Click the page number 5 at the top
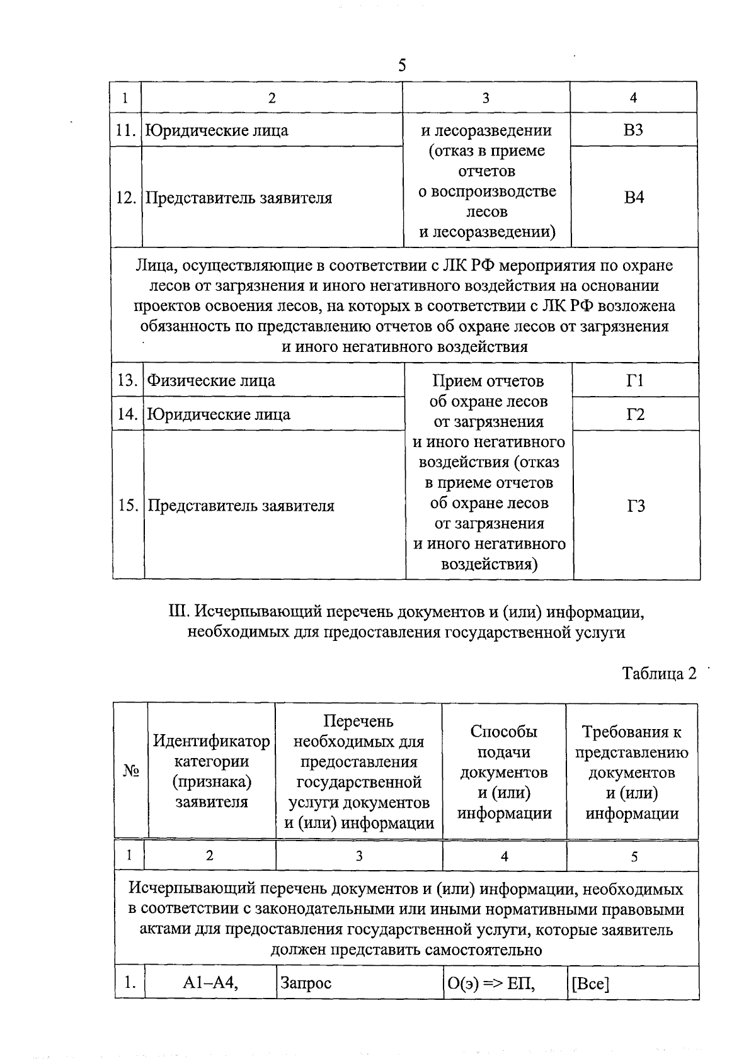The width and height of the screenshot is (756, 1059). coord(402,65)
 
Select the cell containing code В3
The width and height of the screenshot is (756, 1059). coord(633,130)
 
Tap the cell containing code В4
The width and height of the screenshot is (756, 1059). coord(634,197)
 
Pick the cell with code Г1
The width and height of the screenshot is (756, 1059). coord(636,380)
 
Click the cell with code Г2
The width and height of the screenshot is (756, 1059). coord(636,414)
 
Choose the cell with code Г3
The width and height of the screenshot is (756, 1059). coord(636,506)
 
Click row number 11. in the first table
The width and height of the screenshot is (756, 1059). coord(127,130)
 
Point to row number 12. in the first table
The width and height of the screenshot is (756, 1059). coord(127,198)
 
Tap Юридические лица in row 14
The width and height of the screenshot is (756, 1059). coord(219,414)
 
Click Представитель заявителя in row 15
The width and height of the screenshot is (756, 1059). coord(241,506)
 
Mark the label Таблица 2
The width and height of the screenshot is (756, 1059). coord(659,673)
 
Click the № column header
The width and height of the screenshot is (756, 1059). coord(131,772)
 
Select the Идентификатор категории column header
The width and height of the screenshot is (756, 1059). coord(212,771)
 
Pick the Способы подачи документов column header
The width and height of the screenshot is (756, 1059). coord(504,772)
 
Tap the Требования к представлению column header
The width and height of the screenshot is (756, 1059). coord(632,772)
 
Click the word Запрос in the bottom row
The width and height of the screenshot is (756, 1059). coord(306,983)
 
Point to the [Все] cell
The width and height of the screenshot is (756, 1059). coord(590,983)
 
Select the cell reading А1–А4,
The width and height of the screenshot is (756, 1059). coord(210,983)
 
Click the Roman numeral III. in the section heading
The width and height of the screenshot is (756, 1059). coord(179,611)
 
